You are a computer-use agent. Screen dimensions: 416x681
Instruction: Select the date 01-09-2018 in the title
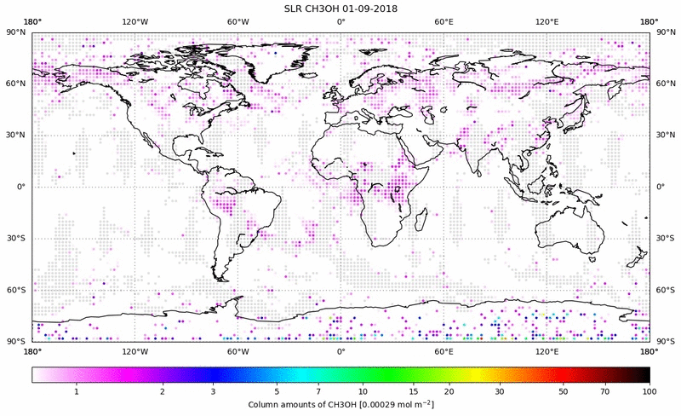coord(369,8)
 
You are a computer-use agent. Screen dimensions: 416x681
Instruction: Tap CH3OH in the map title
coord(324,8)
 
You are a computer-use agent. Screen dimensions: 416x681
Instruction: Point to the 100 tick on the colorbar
coord(650,390)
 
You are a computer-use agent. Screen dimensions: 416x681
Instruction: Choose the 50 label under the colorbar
coord(564,390)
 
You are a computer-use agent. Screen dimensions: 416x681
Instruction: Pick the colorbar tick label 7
coord(318,390)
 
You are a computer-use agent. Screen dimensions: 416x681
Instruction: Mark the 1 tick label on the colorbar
coord(77,390)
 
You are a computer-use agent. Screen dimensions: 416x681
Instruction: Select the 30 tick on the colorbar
coord(500,390)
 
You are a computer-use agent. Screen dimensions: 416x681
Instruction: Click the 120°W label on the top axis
coord(134,22)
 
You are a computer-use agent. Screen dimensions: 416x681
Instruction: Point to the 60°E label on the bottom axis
coord(444,350)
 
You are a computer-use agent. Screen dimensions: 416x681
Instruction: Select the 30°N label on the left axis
coord(17,136)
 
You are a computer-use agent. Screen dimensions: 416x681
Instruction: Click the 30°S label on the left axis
coord(17,239)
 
